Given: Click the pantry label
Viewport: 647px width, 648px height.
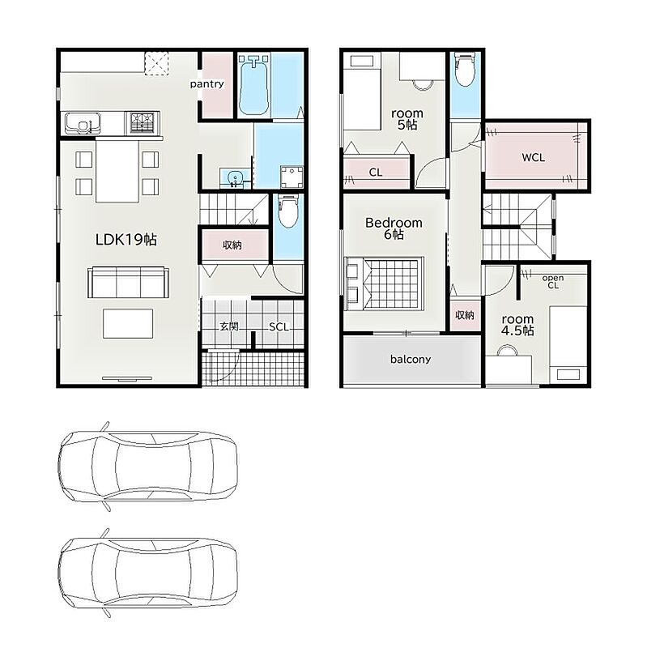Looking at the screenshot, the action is pyautogui.click(x=206, y=84).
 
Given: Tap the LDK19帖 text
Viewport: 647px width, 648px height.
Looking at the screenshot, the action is pyautogui.click(x=126, y=240).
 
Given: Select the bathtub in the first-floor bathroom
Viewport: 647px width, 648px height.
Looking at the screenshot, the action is pyautogui.click(x=254, y=86).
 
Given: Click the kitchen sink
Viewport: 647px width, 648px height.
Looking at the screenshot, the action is pyautogui.click(x=83, y=123).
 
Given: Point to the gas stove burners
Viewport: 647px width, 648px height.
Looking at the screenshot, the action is pyautogui.click(x=143, y=122).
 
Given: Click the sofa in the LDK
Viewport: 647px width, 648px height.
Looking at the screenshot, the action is pyautogui.click(x=128, y=283).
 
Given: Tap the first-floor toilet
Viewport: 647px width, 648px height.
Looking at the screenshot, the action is pyautogui.click(x=287, y=211).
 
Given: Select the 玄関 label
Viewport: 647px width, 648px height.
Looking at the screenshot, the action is pyautogui.click(x=229, y=327).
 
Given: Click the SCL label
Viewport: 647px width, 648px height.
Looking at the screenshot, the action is pyautogui.click(x=279, y=327).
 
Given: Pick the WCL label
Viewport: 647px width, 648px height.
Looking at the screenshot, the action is pyautogui.click(x=533, y=157).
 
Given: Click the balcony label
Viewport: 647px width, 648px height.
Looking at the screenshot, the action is pyautogui.click(x=411, y=359).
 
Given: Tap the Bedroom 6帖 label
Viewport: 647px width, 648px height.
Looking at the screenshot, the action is pyautogui.click(x=394, y=228).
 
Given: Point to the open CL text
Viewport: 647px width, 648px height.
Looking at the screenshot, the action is pyautogui.click(x=553, y=281).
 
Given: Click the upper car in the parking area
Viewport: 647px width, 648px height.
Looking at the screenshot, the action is pyautogui.click(x=148, y=467).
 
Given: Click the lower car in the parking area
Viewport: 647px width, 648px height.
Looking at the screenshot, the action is pyautogui.click(x=148, y=573).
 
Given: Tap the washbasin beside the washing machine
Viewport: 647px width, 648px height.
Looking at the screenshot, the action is pyautogui.click(x=235, y=177).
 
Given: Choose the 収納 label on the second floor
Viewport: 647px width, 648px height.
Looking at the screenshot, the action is pyautogui.click(x=464, y=315).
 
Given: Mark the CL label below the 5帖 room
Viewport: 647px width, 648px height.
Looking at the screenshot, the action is pyautogui.click(x=376, y=173).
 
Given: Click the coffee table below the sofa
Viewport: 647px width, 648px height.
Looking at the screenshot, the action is pyautogui.click(x=128, y=323).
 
